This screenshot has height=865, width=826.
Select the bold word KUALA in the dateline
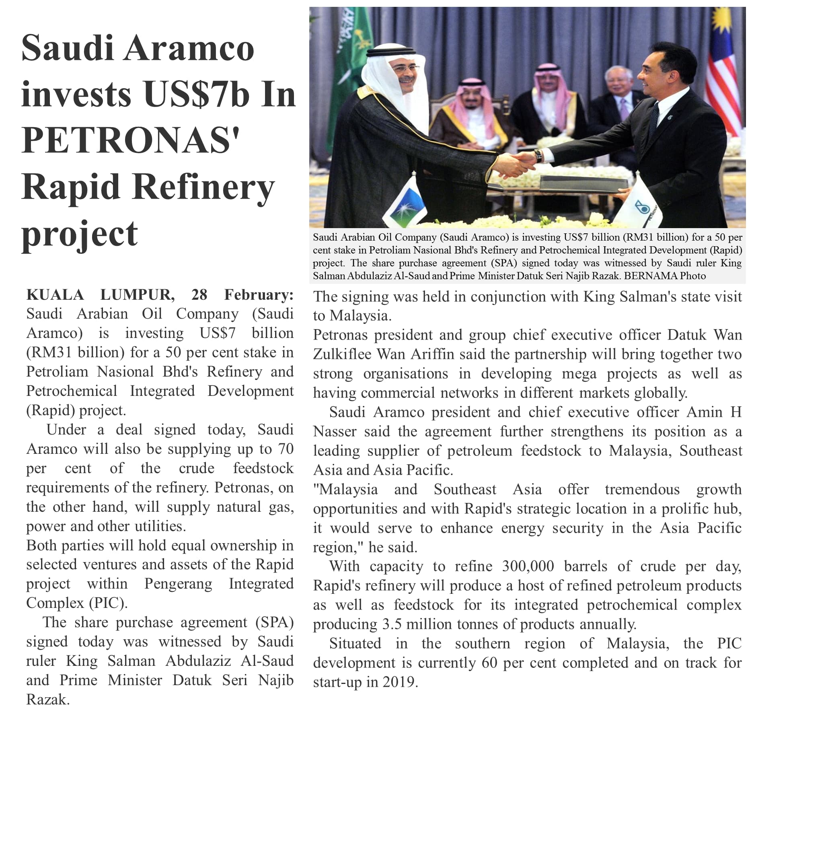(55, 295)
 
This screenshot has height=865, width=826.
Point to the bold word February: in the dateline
(259, 295)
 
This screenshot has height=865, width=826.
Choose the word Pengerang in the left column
(178, 584)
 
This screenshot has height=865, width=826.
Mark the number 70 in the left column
(285, 449)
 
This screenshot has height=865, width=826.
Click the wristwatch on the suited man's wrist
(538, 155)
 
